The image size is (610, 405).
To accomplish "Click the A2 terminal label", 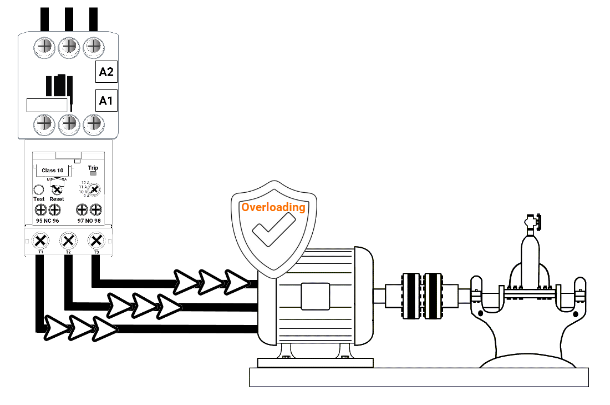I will [106, 72].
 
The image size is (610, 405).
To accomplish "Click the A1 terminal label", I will [106, 101].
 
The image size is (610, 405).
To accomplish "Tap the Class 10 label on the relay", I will [53, 170].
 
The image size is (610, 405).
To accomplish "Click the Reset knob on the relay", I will [56, 190].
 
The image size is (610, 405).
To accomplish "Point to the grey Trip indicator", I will [93, 174].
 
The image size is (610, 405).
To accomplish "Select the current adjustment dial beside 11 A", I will [95, 190].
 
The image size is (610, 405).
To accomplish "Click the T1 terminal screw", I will [40, 241].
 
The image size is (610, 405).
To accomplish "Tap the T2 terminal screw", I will [68, 241].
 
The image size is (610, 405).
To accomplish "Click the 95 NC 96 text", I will [47, 221].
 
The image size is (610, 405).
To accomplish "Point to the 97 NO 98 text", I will [89, 221].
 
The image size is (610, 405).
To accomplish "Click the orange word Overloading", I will [273, 207].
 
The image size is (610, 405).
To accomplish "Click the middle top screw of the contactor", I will [69, 46].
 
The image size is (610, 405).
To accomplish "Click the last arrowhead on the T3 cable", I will [237, 282].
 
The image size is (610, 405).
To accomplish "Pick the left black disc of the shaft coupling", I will [411, 296].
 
